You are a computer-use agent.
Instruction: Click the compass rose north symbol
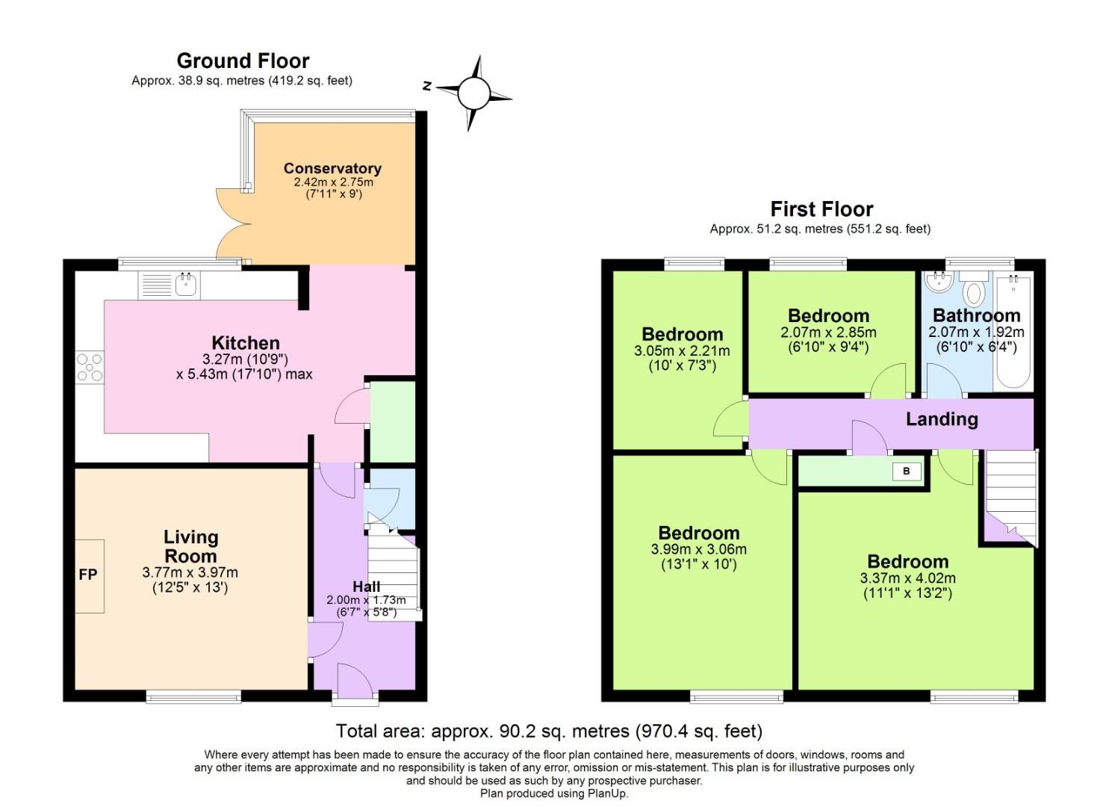(473, 93)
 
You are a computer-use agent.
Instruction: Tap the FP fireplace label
(88, 575)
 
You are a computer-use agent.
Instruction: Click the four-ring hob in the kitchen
(90, 368)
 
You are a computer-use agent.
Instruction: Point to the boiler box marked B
(907, 471)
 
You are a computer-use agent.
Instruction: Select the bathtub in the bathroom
(1013, 331)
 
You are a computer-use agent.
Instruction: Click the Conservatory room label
(332, 168)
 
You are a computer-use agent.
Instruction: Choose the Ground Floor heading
(243, 61)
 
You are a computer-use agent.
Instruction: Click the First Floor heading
(821, 208)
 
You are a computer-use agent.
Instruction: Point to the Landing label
(942, 419)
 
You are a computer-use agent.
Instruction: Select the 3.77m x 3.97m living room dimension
(190, 572)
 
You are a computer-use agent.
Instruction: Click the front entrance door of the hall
(355, 683)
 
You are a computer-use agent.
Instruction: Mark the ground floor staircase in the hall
(394, 575)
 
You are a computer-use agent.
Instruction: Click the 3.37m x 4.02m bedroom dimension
(907, 578)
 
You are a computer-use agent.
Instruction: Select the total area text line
(549, 731)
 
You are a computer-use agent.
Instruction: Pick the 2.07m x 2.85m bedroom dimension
(828, 333)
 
